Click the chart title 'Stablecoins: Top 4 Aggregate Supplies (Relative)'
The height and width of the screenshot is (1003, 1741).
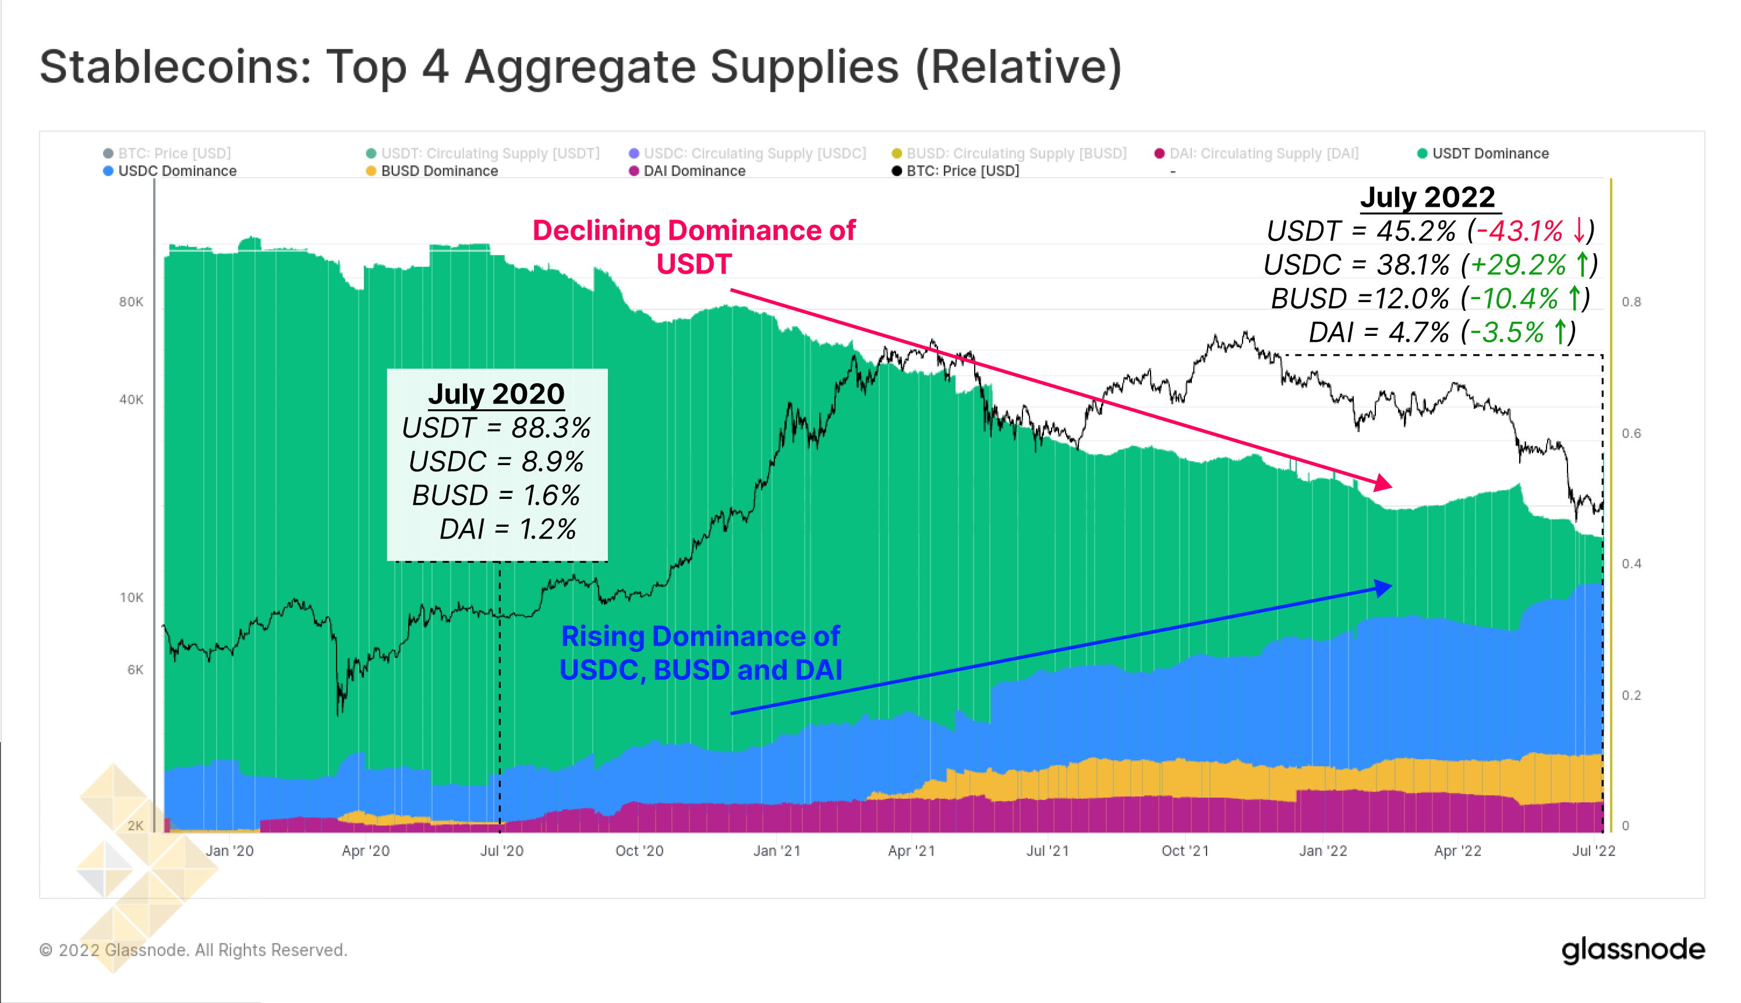click(x=580, y=67)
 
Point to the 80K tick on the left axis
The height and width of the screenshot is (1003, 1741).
click(x=131, y=302)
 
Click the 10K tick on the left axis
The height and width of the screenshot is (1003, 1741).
click(x=131, y=597)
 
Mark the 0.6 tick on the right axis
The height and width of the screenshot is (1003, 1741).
click(x=1631, y=433)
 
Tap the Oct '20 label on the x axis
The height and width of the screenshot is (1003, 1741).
click(x=639, y=850)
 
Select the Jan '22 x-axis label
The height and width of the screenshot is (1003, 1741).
click(x=1322, y=850)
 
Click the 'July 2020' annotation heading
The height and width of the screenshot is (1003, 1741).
click(x=496, y=394)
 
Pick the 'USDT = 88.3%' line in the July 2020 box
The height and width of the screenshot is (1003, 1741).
click(x=496, y=428)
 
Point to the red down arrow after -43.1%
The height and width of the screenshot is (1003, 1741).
click(x=1579, y=231)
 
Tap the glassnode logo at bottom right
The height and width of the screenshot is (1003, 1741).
click(x=1632, y=950)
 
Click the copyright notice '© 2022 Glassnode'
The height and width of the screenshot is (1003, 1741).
click(x=193, y=950)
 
